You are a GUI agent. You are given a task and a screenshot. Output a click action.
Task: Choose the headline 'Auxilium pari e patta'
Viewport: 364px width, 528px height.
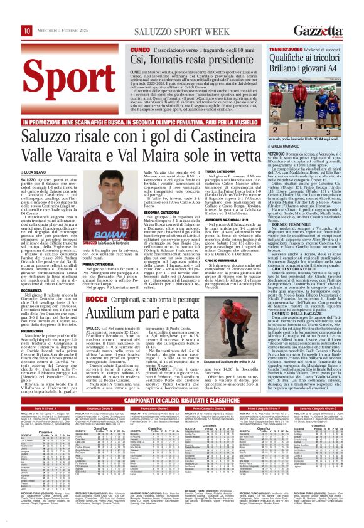164,295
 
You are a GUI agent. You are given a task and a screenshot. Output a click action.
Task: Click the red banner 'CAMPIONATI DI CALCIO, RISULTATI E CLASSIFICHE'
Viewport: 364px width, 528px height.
182,399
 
